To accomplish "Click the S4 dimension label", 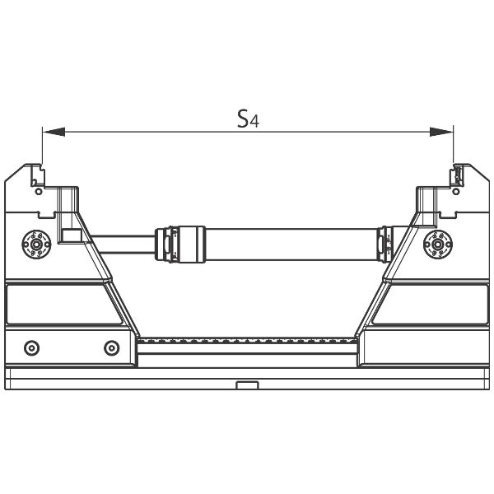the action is click(248, 119).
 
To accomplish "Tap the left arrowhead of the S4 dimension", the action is click(54, 132).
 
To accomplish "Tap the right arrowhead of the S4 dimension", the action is click(441, 132).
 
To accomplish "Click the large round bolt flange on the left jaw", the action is click(36, 245).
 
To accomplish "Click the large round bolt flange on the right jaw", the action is click(438, 245).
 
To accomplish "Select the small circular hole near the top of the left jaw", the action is click(39, 191).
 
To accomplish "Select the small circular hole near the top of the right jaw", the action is click(456, 191).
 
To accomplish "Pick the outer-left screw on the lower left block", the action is click(32, 348).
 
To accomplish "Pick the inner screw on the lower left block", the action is click(112, 348).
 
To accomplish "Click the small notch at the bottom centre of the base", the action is click(247, 385).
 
